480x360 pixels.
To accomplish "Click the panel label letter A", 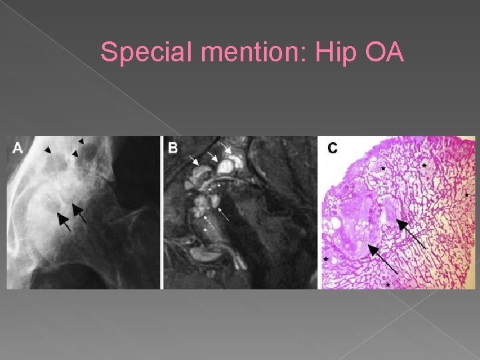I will [x=18, y=148].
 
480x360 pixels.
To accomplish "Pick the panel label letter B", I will [x=173, y=148].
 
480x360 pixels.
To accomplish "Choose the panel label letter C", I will [x=332, y=148].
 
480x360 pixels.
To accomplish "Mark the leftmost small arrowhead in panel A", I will [x=47, y=151].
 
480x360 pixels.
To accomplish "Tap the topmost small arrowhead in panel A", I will [x=81, y=141].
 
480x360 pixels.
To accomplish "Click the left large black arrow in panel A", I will [x=63, y=219].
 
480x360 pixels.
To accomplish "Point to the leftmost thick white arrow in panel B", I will [x=195, y=161].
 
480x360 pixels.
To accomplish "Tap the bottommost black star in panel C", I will [x=388, y=285].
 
